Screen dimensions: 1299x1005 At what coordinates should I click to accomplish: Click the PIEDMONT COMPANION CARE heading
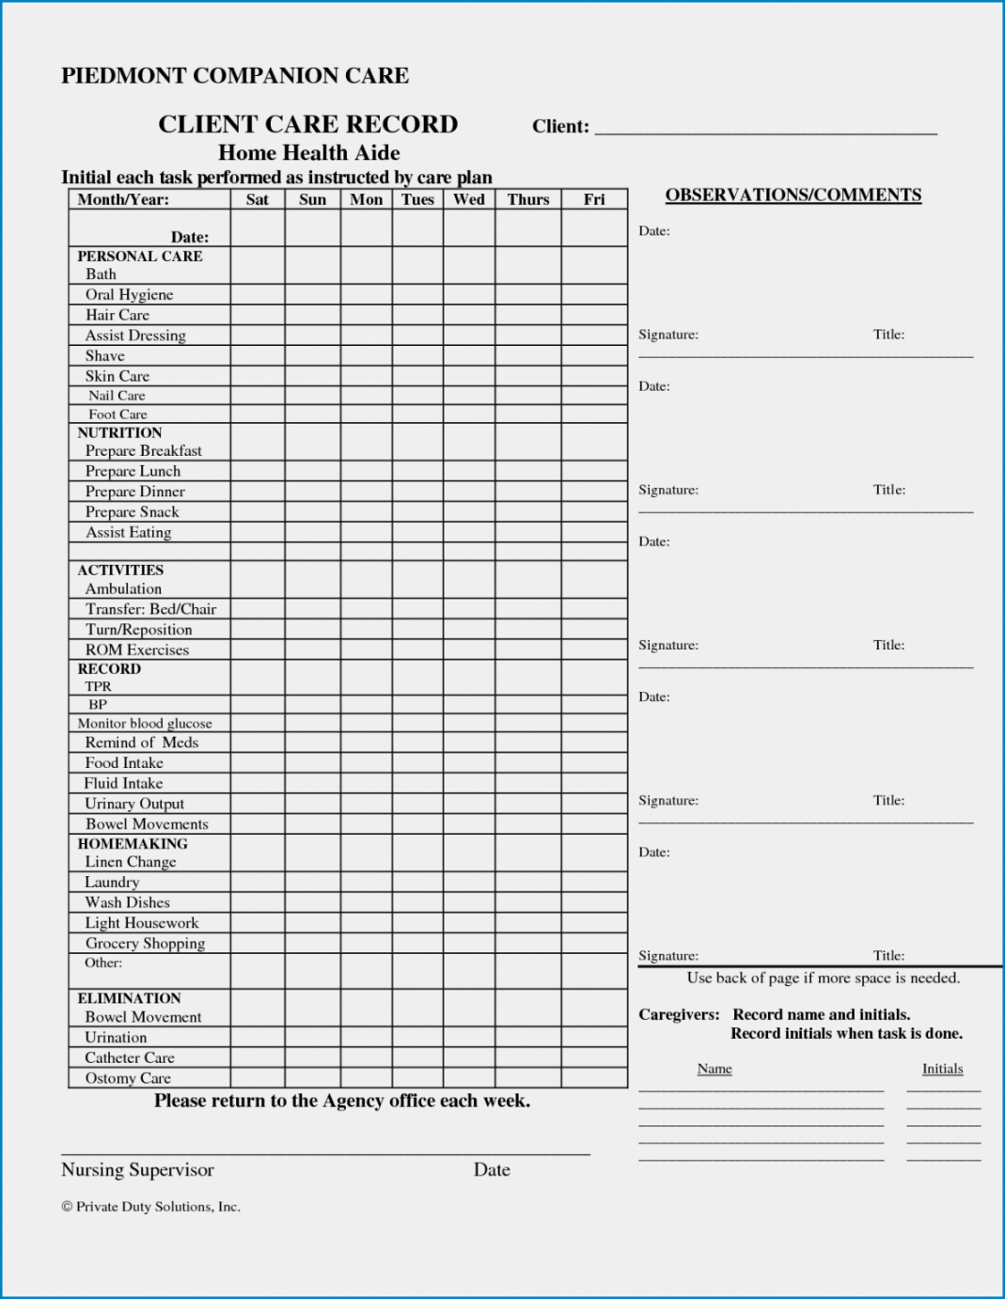pyautogui.click(x=235, y=76)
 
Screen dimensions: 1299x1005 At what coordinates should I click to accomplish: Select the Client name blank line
pyautogui.click(x=765, y=128)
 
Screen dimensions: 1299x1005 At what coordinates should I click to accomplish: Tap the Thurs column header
pyautogui.click(x=528, y=199)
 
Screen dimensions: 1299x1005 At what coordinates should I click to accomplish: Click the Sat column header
pyautogui.click(x=258, y=199)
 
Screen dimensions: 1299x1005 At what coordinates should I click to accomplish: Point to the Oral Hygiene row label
pyautogui.click(x=130, y=294)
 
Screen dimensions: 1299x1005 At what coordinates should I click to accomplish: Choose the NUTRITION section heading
pyautogui.click(x=119, y=432)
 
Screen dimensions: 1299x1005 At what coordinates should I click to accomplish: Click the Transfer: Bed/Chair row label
pyautogui.click(x=150, y=609)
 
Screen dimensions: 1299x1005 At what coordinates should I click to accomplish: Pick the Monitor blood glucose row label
pyautogui.click(x=145, y=724)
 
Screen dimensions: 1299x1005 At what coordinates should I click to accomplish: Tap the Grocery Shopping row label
pyautogui.click(x=145, y=943)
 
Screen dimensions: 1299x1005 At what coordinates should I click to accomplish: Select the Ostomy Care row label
pyautogui.click(x=128, y=1078)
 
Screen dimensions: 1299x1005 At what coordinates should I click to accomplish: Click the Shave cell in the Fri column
pyautogui.click(x=594, y=355)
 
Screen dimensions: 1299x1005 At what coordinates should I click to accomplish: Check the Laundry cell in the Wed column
pyautogui.click(x=469, y=882)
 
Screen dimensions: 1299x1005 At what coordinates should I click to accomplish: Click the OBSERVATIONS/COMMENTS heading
pyautogui.click(x=793, y=195)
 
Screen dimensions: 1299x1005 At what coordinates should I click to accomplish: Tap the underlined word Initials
pyautogui.click(x=942, y=1069)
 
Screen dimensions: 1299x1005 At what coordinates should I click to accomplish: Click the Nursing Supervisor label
pyautogui.click(x=137, y=1169)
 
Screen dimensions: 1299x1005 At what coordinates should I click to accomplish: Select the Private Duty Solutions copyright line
pyautogui.click(x=150, y=1207)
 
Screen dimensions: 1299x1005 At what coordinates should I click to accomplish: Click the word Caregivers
pyautogui.click(x=679, y=1014)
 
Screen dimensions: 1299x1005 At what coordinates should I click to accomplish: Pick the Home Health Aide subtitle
pyautogui.click(x=309, y=152)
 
